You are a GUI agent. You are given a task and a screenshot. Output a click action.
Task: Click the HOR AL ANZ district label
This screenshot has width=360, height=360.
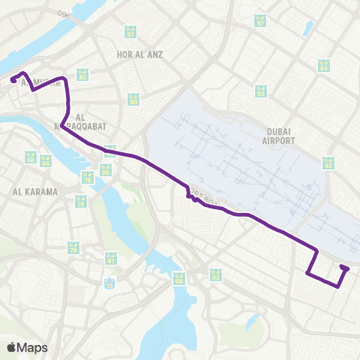[139, 54]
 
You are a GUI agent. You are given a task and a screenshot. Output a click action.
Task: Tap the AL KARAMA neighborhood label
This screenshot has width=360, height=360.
[35, 192]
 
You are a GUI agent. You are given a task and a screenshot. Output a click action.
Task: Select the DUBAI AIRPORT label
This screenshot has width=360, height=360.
[277, 135]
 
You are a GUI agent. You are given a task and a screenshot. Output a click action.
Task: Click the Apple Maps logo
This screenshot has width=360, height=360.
[26, 347]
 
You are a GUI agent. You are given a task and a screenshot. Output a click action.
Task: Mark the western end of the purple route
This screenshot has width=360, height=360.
[13, 79]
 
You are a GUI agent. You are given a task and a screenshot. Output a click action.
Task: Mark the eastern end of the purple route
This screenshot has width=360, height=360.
[344, 268]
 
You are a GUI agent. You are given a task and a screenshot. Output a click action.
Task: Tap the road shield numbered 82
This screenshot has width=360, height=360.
[82, 75]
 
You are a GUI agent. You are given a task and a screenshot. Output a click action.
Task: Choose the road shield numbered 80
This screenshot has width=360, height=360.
[133, 99]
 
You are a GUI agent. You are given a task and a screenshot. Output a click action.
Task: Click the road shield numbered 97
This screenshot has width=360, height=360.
[260, 21]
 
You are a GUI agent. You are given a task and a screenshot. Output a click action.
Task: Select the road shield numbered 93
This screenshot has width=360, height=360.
[260, 91]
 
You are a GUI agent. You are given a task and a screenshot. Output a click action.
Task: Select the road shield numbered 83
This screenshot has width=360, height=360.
[216, 275]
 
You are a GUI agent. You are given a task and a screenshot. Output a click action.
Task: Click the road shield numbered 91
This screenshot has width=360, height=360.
[131, 32]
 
